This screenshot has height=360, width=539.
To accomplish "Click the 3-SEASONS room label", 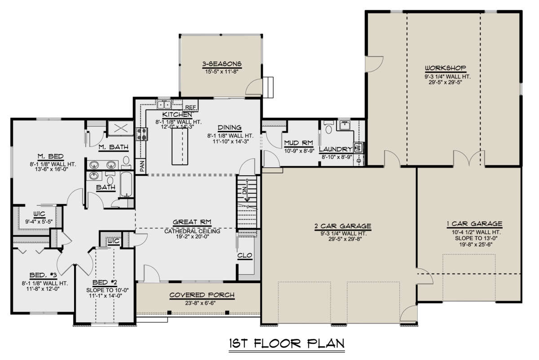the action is pos(221,64).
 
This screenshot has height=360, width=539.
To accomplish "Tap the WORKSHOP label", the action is pos(446,68).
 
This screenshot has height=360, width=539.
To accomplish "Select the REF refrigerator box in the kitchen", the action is pos(190,106).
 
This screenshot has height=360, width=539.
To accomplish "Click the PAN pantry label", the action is pos(142,166).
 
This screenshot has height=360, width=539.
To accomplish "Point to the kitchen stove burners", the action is pos(142,134).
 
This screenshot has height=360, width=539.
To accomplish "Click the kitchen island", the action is pos(180,146).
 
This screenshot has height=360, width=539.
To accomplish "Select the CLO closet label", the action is pos(245,255).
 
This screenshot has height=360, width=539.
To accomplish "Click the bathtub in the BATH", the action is pos(126,184).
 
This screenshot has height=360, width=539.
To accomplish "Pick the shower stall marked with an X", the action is pos(120,128).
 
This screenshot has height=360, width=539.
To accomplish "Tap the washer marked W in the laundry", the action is pos(358,147).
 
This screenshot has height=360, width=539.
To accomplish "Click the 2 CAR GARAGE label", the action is pos(343,226).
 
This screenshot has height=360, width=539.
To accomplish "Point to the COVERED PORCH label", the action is pos(202,295).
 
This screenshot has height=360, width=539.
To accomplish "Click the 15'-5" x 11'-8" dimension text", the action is pos(221,71).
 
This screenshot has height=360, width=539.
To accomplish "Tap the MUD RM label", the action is pos(299,143).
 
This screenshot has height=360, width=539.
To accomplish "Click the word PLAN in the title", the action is pos(326,343).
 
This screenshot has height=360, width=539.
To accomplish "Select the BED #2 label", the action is pos(105,282).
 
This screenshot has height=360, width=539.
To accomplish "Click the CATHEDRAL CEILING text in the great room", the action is pos(192,231).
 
